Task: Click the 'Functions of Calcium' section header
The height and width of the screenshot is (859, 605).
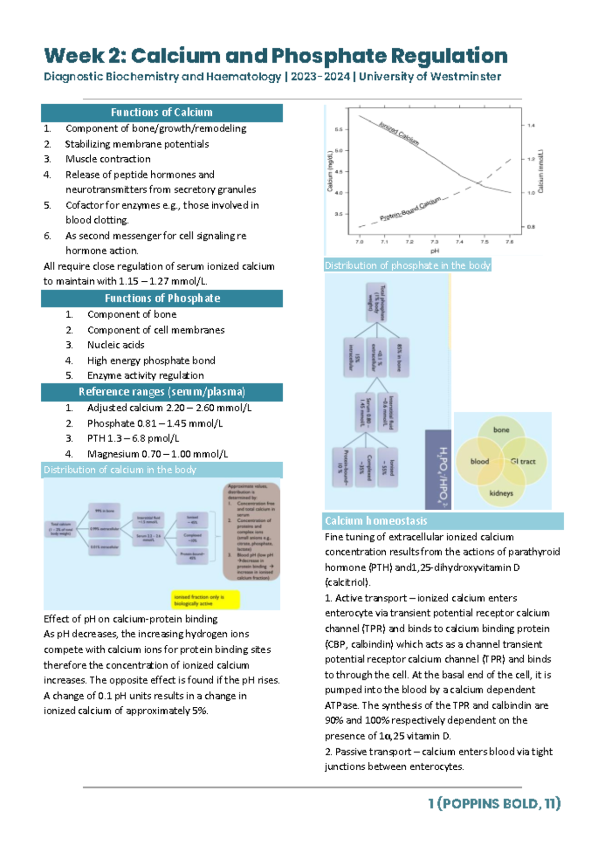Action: click(x=161, y=112)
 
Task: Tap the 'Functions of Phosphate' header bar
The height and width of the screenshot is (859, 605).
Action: click(x=161, y=298)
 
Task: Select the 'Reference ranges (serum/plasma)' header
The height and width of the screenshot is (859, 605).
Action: click(x=161, y=392)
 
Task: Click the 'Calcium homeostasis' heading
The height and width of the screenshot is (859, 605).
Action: click(x=376, y=521)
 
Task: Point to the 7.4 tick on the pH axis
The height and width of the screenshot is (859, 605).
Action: click(x=459, y=242)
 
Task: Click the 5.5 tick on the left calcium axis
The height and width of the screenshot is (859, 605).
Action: click(x=339, y=130)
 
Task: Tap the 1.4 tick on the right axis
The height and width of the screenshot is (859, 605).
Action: click(x=531, y=126)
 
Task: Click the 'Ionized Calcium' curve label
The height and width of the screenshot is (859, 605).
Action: click(x=399, y=133)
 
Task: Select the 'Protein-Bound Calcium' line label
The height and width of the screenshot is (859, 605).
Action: click(x=410, y=209)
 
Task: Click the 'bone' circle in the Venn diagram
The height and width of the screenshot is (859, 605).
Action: click(x=501, y=430)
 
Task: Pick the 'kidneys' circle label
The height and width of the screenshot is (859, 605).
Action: click(x=501, y=493)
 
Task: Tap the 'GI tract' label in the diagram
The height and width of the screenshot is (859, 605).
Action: click(x=523, y=461)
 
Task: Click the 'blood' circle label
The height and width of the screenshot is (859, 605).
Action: click(x=479, y=461)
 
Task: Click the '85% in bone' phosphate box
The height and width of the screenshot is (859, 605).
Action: click(x=399, y=357)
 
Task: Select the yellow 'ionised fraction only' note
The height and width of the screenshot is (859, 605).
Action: click(x=205, y=600)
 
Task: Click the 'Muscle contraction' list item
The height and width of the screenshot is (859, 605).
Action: click(x=108, y=159)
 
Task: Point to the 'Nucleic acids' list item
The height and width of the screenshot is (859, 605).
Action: click(x=115, y=345)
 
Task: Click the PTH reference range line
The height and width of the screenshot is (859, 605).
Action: click(x=133, y=439)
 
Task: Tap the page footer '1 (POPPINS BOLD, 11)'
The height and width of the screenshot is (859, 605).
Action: click(x=494, y=804)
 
